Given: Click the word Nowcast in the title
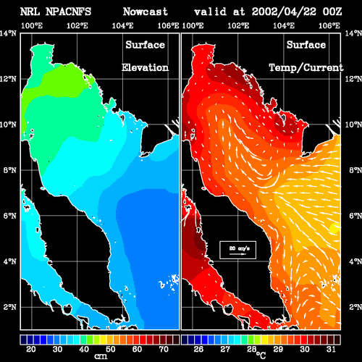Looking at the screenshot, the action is pos(146,12).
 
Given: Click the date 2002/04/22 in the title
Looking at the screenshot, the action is pos(284,12).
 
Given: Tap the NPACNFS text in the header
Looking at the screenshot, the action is pos(69,12).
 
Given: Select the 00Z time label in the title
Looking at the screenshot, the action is pos(332,12).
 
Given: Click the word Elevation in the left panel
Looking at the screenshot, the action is pos(145,67).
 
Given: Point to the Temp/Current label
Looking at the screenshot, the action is pos(306,68).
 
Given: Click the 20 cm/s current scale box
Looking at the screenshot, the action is pos(237,250).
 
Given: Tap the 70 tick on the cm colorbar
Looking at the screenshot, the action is pos(164,349).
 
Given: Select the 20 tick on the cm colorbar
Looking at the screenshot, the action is pos(31,349).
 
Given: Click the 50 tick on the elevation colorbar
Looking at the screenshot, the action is pos(111,349).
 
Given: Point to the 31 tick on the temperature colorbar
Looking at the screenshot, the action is pos(331,349).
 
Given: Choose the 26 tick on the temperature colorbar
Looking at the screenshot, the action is pos(198,349).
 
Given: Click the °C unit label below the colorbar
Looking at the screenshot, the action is pos(261,355).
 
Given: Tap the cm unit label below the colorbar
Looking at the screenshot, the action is pos(101,356).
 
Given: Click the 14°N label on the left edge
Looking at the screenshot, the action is pos(9,33).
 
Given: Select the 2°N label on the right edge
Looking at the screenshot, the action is pos(355,307).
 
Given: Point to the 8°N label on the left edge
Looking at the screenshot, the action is pos(10,170).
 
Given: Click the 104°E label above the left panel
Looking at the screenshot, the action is pos(122,25).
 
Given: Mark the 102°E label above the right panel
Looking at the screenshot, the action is pos(238,25).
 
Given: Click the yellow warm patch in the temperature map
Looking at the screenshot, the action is pos(335,228).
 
